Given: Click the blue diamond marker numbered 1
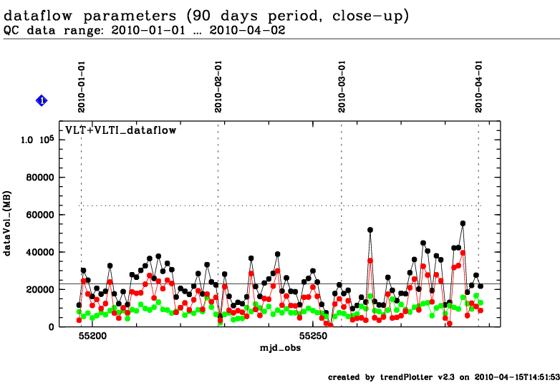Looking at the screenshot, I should [x=42, y=101].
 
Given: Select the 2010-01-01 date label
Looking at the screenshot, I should [x=82, y=86].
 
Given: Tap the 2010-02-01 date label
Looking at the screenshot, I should [x=218, y=86].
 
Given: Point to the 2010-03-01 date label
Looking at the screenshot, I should [x=343, y=86].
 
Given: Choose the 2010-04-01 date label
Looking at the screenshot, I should [x=480, y=86].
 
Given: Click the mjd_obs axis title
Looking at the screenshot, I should [x=281, y=346].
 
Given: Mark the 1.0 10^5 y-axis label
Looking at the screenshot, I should [x=37, y=140].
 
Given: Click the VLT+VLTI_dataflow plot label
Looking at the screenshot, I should [x=121, y=130].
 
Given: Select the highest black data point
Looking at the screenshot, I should [x=463, y=223].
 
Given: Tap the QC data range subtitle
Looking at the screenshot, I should [x=128, y=31].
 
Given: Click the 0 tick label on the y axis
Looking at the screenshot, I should [x=51, y=326].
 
